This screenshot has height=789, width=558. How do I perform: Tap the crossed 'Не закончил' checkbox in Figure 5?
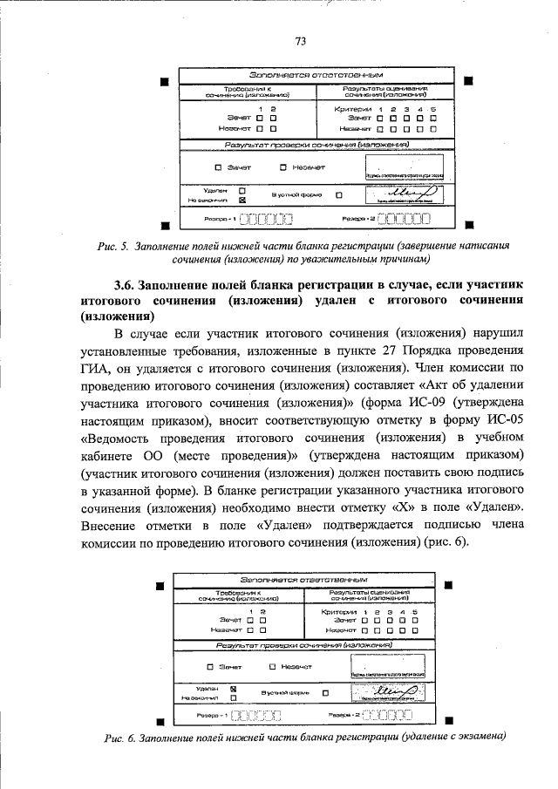(x=242, y=199)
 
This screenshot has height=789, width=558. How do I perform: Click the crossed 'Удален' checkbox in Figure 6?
(x=233, y=687)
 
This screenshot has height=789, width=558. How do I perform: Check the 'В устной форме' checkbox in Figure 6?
(x=325, y=694)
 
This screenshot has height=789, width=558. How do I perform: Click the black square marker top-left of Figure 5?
(x=163, y=82)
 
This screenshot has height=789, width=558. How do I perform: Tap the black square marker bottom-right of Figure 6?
(x=449, y=721)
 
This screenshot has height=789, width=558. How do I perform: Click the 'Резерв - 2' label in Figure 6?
(x=343, y=714)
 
